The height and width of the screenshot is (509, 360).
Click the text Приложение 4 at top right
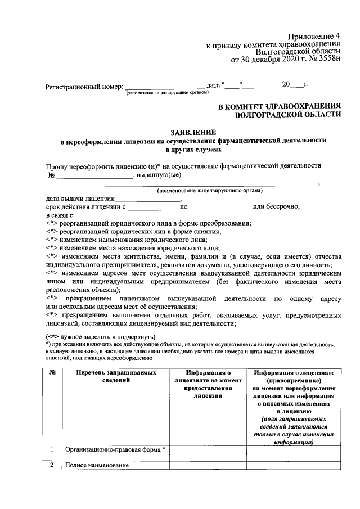[x=316, y=35]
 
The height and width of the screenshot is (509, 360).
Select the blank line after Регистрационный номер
[x=164, y=87]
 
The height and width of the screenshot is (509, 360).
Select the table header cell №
[x=52, y=372]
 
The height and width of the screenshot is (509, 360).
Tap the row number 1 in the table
[x=52, y=449]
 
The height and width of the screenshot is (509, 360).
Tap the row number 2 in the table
[x=52, y=465]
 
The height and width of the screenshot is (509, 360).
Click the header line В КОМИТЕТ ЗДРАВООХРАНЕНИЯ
[x=280, y=105]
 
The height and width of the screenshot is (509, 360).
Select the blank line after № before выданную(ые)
[x=93, y=175]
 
